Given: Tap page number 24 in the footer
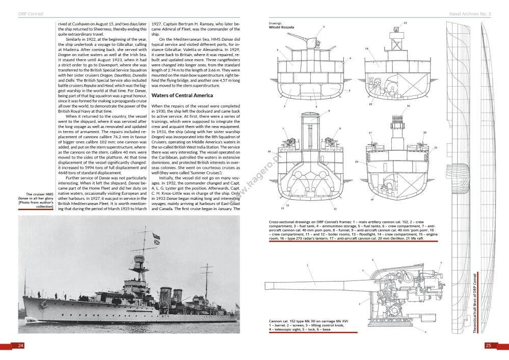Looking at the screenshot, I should [x=21, y=346].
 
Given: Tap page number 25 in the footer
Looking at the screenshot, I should [x=488, y=346].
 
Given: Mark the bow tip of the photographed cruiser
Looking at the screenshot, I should [x=24, y=301].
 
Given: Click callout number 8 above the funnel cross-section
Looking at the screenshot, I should [x=329, y=111].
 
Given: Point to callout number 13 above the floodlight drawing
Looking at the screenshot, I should [x=405, y=23].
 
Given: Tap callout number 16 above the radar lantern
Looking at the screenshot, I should [x=408, y=107].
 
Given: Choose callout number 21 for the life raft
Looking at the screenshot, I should [x=436, y=147].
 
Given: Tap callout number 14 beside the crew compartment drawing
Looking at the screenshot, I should [x=366, y=48].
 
